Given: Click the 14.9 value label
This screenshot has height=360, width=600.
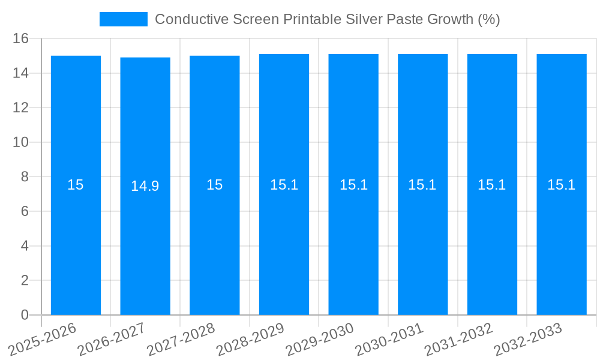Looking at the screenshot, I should (x=145, y=186).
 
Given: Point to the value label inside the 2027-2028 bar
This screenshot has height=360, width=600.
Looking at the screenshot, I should (x=214, y=185).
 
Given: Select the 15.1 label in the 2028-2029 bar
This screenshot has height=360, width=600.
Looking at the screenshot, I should (x=284, y=185).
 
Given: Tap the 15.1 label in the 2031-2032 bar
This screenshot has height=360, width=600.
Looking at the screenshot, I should (x=492, y=185).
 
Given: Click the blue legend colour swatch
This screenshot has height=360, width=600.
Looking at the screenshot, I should (x=123, y=19).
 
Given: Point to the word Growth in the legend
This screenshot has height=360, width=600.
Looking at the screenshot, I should (x=450, y=19).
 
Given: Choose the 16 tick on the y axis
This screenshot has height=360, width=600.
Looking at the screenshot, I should (x=21, y=39).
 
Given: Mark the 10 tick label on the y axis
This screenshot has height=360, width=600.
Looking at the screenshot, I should (x=21, y=143).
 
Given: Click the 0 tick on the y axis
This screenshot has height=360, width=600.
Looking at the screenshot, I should (x=25, y=315).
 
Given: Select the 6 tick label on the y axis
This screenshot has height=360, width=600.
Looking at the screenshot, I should (x=25, y=212).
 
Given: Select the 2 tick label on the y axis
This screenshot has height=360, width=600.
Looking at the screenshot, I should (x=25, y=281).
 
